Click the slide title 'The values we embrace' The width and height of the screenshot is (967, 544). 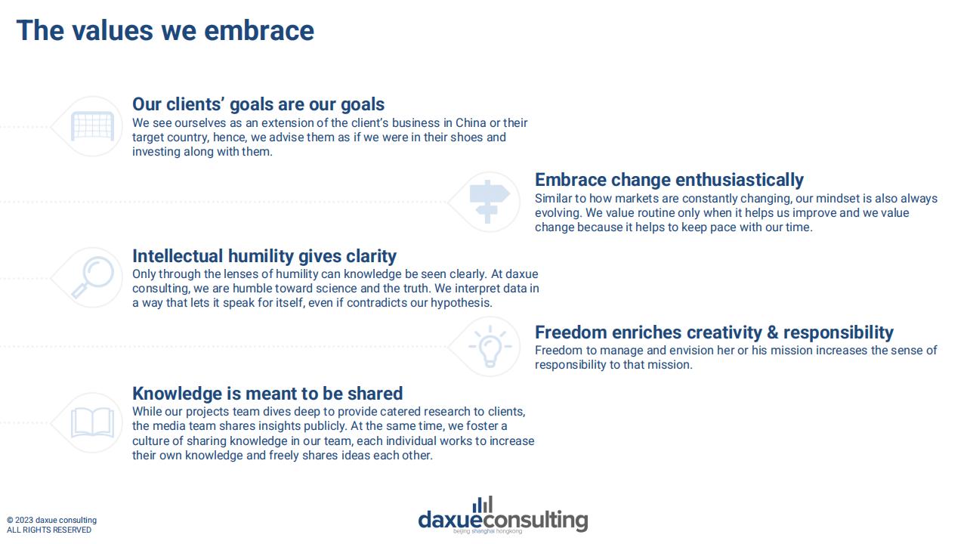point(165,31)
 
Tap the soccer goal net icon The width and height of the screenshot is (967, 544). point(92,126)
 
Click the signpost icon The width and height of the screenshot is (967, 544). point(489,202)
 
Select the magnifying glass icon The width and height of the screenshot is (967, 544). point(92,277)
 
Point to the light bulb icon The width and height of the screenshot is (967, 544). point(490,347)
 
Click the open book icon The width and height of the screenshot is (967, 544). point(92,422)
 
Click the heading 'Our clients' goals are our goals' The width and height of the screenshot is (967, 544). point(258,104)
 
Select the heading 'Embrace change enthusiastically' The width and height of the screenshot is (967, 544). point(669,180)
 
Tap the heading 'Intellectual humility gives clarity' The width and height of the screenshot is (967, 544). point(264,256)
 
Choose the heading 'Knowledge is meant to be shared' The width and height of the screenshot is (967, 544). point(267,394)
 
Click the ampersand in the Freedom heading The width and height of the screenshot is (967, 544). point(773,332)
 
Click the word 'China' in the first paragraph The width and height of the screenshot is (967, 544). point(471,122)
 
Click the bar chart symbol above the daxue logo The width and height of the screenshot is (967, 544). point(483,505)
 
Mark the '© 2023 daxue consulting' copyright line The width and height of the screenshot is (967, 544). point(52,521)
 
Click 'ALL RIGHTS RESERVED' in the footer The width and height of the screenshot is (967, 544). point(49,530)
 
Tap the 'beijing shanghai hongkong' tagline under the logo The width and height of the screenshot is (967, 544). point(487,530)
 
